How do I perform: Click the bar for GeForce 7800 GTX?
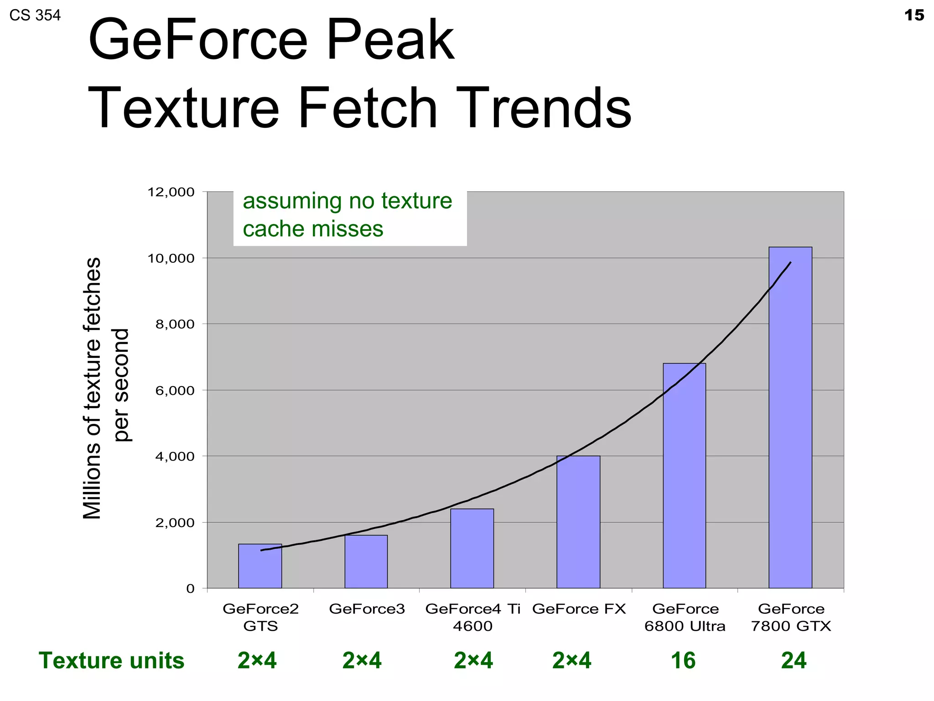[790, 418]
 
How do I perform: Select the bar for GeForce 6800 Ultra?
[684, 476]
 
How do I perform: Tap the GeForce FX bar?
[578, 522]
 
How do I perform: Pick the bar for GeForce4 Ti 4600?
[472, 548]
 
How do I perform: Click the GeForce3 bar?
[366, 561]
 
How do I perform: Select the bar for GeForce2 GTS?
[260, 566]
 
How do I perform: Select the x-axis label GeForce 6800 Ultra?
[685, 617]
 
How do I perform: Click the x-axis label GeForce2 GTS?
[260, 617]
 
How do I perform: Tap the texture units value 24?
[794, 660]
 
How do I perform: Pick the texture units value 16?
[683, 660]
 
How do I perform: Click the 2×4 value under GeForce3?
[362, 660]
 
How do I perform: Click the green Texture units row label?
[111, 660]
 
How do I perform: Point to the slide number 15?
[914, 16]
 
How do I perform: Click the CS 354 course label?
[35, 16]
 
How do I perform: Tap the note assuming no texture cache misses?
[348, 214]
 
